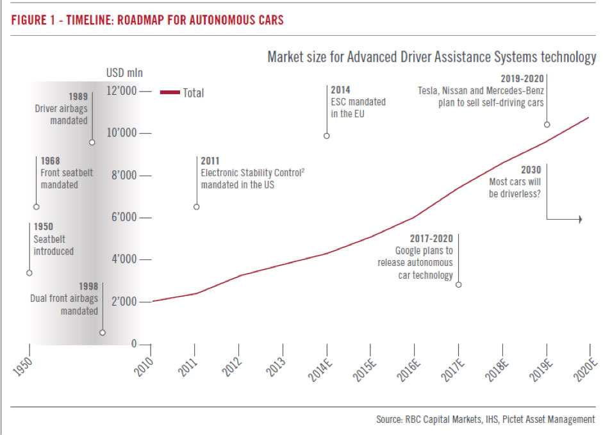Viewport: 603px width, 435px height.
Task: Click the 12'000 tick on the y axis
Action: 146,92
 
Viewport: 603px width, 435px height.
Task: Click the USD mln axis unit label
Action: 124,72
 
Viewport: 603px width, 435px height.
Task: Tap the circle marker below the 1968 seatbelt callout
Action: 37,207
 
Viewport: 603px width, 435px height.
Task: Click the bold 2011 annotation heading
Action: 210,161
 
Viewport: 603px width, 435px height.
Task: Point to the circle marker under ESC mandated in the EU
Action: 327,136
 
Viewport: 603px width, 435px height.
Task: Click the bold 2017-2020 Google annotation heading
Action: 431,238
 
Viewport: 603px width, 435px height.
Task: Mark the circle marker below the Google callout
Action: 458,284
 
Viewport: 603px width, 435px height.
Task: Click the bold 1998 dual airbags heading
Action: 88,286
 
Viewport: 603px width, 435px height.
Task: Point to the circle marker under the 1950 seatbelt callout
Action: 29,273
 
